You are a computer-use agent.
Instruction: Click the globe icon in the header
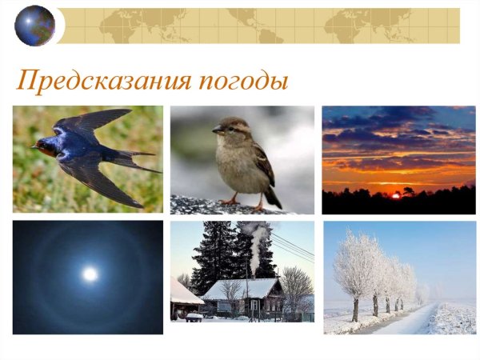click(x=34, y=26)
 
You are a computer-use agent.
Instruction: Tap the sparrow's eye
click(x=226, y=126)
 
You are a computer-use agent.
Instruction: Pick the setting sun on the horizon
click(x=394, y=193)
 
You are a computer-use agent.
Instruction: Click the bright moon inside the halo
click(x=90, y=274)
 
